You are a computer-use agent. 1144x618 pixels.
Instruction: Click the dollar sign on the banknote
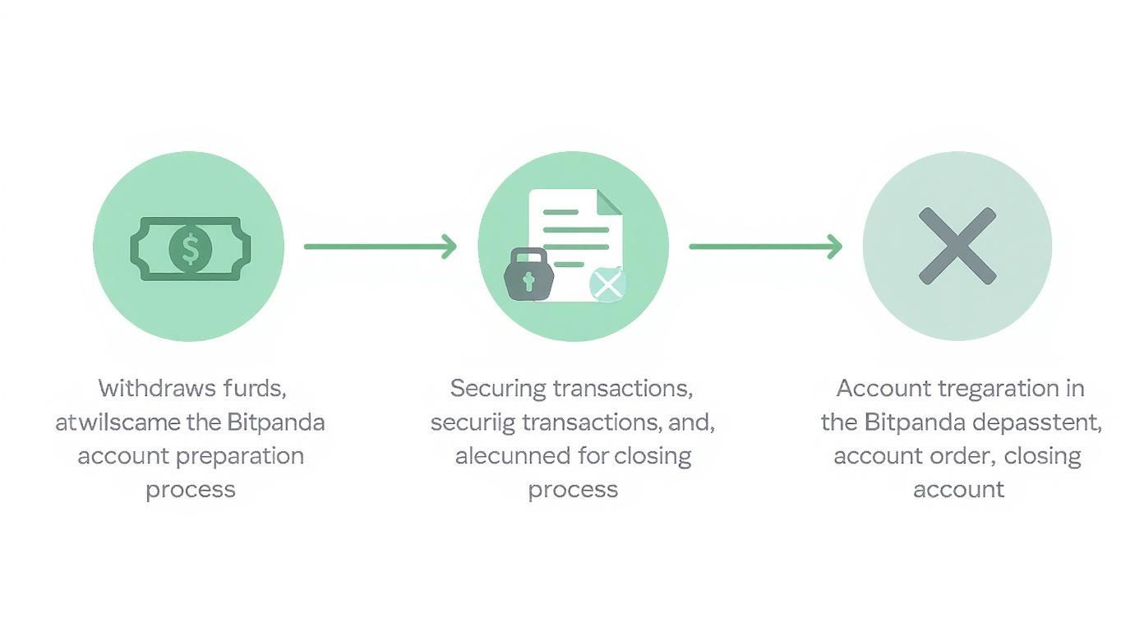tap(190, 247)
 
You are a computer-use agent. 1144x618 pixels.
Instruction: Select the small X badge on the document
tap(607, 284)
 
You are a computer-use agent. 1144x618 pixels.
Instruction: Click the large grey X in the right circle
tap(957, 246)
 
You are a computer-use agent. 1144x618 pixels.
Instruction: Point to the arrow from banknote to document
tap(380, 246)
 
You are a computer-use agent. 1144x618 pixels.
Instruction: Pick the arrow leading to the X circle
tap(765, 246)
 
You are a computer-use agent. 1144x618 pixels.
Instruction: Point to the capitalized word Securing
tap(498, 388)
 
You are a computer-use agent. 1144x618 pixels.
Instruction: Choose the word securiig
tap(473, 422)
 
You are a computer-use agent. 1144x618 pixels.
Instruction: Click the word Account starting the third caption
tap(884, 388)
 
